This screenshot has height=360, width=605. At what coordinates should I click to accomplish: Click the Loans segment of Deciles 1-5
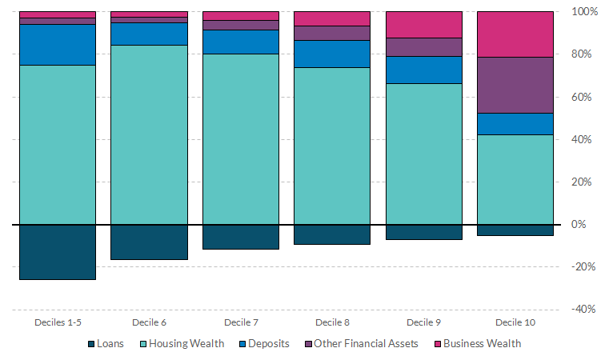tap(57, 252)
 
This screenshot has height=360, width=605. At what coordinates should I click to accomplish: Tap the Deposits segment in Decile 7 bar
tap(241, 42)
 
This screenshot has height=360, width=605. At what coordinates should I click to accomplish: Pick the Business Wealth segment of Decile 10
tap(515, 34)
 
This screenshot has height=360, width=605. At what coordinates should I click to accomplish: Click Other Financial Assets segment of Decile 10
tap(515, 85)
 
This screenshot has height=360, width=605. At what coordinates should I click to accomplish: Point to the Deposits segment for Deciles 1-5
tap(57, 45)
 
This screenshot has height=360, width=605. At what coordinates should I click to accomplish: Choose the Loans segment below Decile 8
tap(332, 234)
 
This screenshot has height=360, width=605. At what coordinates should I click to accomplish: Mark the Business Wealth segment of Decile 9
tap(423, 25)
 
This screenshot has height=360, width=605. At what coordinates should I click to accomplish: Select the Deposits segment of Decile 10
tap(515, 124)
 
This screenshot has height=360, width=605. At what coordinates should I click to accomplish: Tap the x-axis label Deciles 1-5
tap(57, 322)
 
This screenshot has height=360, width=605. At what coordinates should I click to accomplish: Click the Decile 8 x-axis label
tap(332, 322)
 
